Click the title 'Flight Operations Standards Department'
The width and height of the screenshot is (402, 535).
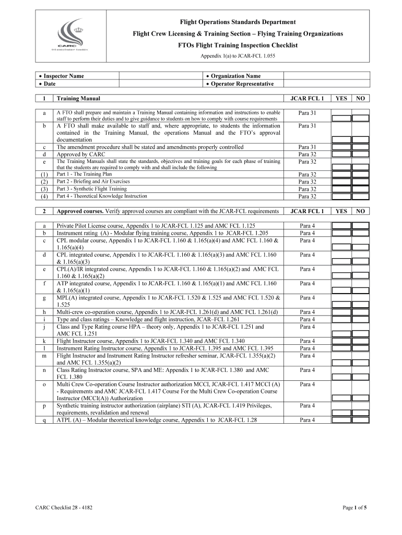[238, 22]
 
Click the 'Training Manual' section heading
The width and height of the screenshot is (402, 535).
[78, 98]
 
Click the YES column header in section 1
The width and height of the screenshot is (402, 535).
[341, 98]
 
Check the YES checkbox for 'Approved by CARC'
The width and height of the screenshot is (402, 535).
[341, 155]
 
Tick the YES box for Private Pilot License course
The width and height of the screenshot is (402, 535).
[341, 226]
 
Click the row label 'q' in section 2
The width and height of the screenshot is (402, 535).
[44, 420]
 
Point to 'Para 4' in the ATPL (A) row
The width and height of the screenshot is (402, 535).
[307, 420]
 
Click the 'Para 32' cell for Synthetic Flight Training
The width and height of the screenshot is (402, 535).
[307, 189]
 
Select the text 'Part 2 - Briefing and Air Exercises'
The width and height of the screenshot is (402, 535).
[101, 181]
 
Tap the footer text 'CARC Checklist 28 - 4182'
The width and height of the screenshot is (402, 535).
[65, 507]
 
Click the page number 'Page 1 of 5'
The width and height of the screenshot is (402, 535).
[354, 507]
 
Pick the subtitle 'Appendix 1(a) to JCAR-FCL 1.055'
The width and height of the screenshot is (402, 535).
[238, 55]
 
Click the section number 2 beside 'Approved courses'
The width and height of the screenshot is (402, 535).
[44, 211]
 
